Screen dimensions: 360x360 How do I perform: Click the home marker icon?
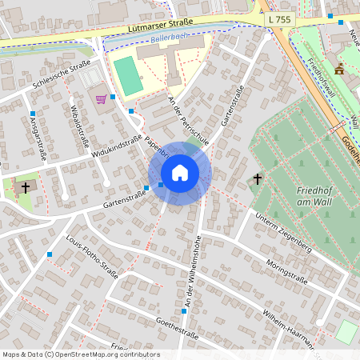179,173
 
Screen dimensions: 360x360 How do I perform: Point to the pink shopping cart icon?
101,99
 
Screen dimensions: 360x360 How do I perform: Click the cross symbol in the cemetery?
258,178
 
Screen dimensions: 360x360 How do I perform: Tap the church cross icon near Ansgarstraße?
25,188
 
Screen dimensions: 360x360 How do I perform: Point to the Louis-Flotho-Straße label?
92,257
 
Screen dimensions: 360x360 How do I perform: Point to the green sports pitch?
127,74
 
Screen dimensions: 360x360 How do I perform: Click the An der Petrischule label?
189,120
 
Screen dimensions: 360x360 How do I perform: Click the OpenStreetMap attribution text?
80,354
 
